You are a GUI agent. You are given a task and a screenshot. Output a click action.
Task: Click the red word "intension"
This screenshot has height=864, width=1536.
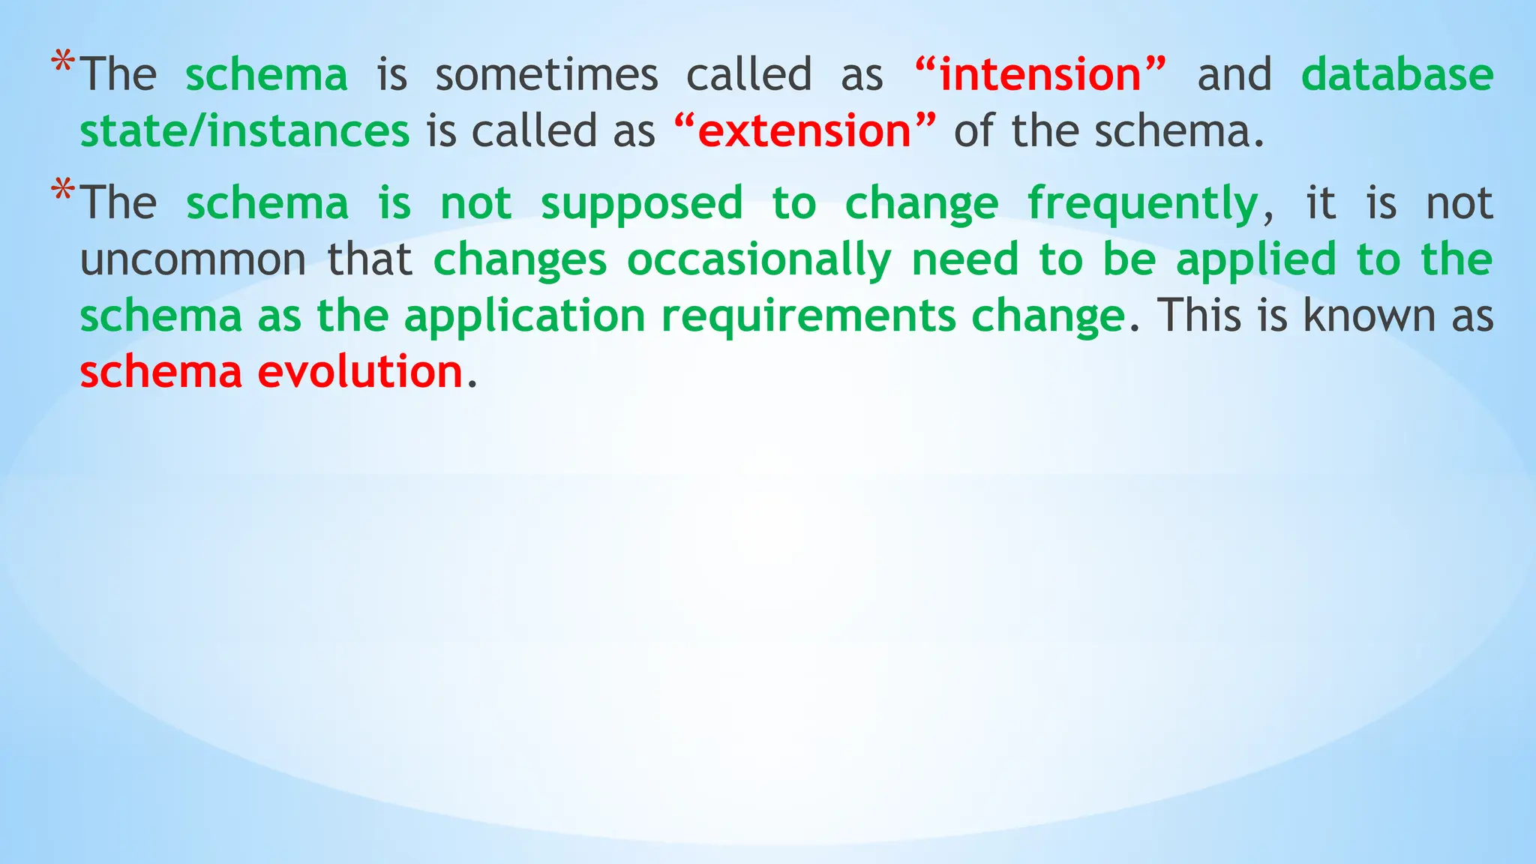pyautogui.click(x=1040, y=75)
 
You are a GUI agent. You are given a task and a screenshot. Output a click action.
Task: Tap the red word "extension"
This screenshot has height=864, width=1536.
pyautogui.click(x=804, y=131)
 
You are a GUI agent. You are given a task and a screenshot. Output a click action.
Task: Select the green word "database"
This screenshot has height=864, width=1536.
pyautogui.click(x=1397, y=75)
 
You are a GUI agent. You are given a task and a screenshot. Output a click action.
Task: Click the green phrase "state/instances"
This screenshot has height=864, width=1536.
pyautogui.click(x=244, y=131)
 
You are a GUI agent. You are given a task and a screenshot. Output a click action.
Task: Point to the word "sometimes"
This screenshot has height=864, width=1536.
pyautogui.click(x=546, y=75)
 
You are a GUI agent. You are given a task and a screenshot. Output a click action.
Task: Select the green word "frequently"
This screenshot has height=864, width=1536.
pyautogui.click(x=1142, y=204)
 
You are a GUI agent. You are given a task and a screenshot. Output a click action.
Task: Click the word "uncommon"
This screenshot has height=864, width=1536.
pyautogui.click(x=193, y=260)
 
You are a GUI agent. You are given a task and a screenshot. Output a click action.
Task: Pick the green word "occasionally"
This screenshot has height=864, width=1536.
pyautogui.click(x=759, y=260)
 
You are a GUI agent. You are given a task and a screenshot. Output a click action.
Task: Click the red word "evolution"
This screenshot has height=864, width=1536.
pyautogui.click(x=360, y=372)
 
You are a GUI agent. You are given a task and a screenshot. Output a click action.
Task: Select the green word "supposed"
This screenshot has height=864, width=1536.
pyautogui.click(x=641, y=204)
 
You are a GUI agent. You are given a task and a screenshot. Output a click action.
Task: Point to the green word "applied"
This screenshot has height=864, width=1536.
pyautogui.click(x=1256, y=260)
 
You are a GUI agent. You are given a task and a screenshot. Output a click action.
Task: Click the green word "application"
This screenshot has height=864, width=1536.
pyautogui.click(x=524, y=316)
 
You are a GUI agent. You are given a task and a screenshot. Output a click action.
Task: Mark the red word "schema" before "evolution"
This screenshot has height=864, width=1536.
pyautogui.click(x=161, y=372)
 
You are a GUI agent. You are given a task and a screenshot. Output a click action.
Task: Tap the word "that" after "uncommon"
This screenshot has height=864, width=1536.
pyautogui.click(x=370, y=260)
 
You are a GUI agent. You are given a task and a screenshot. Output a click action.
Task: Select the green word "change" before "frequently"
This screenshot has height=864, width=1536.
pyautogui.click(x=922, y=204)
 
